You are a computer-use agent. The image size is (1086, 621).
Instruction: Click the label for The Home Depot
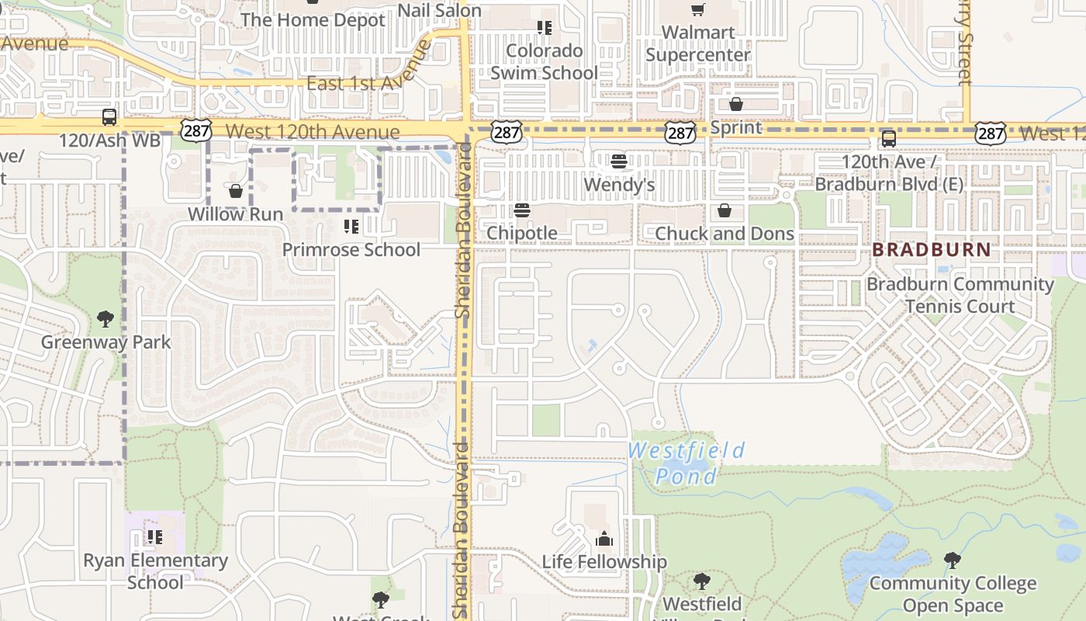tap(313, 20)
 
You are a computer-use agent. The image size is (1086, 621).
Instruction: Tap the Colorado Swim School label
tap(544, 62)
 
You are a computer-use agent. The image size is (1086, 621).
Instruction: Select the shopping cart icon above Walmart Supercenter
tap(697, 9)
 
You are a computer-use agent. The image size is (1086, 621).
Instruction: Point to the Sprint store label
tap(736, 127)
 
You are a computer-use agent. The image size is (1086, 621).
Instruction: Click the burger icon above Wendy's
tap(618, 161)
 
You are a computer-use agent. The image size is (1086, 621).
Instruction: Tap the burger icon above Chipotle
tap(521, 210)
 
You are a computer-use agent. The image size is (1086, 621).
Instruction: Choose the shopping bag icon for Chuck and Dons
tap(724, 210)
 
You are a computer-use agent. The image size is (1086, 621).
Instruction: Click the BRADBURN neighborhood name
tap(932, 250)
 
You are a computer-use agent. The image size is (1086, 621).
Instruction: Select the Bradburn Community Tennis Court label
tap(960, 295)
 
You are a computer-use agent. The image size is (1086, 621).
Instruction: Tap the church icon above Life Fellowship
tap(604, 539)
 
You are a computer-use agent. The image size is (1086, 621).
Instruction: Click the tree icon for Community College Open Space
tap(952, 560)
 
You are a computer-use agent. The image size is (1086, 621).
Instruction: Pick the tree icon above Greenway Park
tap(105, 318)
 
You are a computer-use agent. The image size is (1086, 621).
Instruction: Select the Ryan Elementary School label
tap(155, 571)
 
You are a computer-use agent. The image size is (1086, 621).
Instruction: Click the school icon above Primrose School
tap(351, 227)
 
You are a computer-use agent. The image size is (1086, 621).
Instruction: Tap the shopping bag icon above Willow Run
tap(236, 190)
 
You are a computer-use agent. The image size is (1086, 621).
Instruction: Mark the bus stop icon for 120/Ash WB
tap(109, 118)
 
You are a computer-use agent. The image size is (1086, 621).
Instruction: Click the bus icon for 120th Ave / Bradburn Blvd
tap(888, 139)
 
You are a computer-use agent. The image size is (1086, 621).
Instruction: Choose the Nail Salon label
tap(439, 11)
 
